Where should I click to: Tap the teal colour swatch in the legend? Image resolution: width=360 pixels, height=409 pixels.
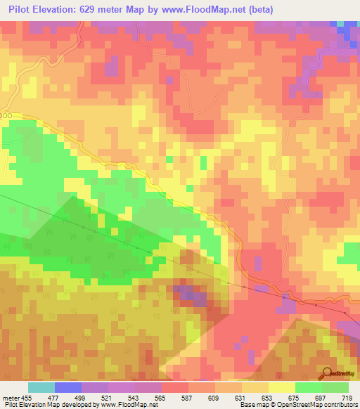41,387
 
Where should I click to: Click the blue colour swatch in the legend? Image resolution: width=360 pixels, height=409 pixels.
68,387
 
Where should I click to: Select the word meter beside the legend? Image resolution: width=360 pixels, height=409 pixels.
10,398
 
